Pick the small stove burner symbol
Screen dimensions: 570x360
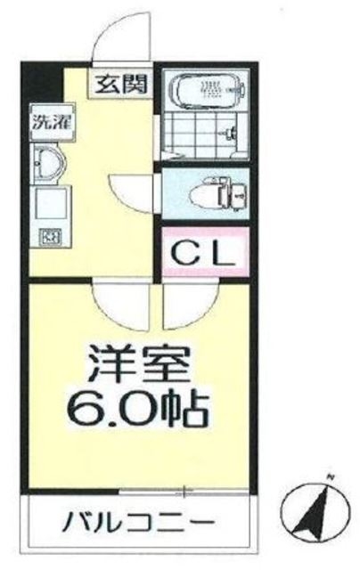click(x=45, y=237)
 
